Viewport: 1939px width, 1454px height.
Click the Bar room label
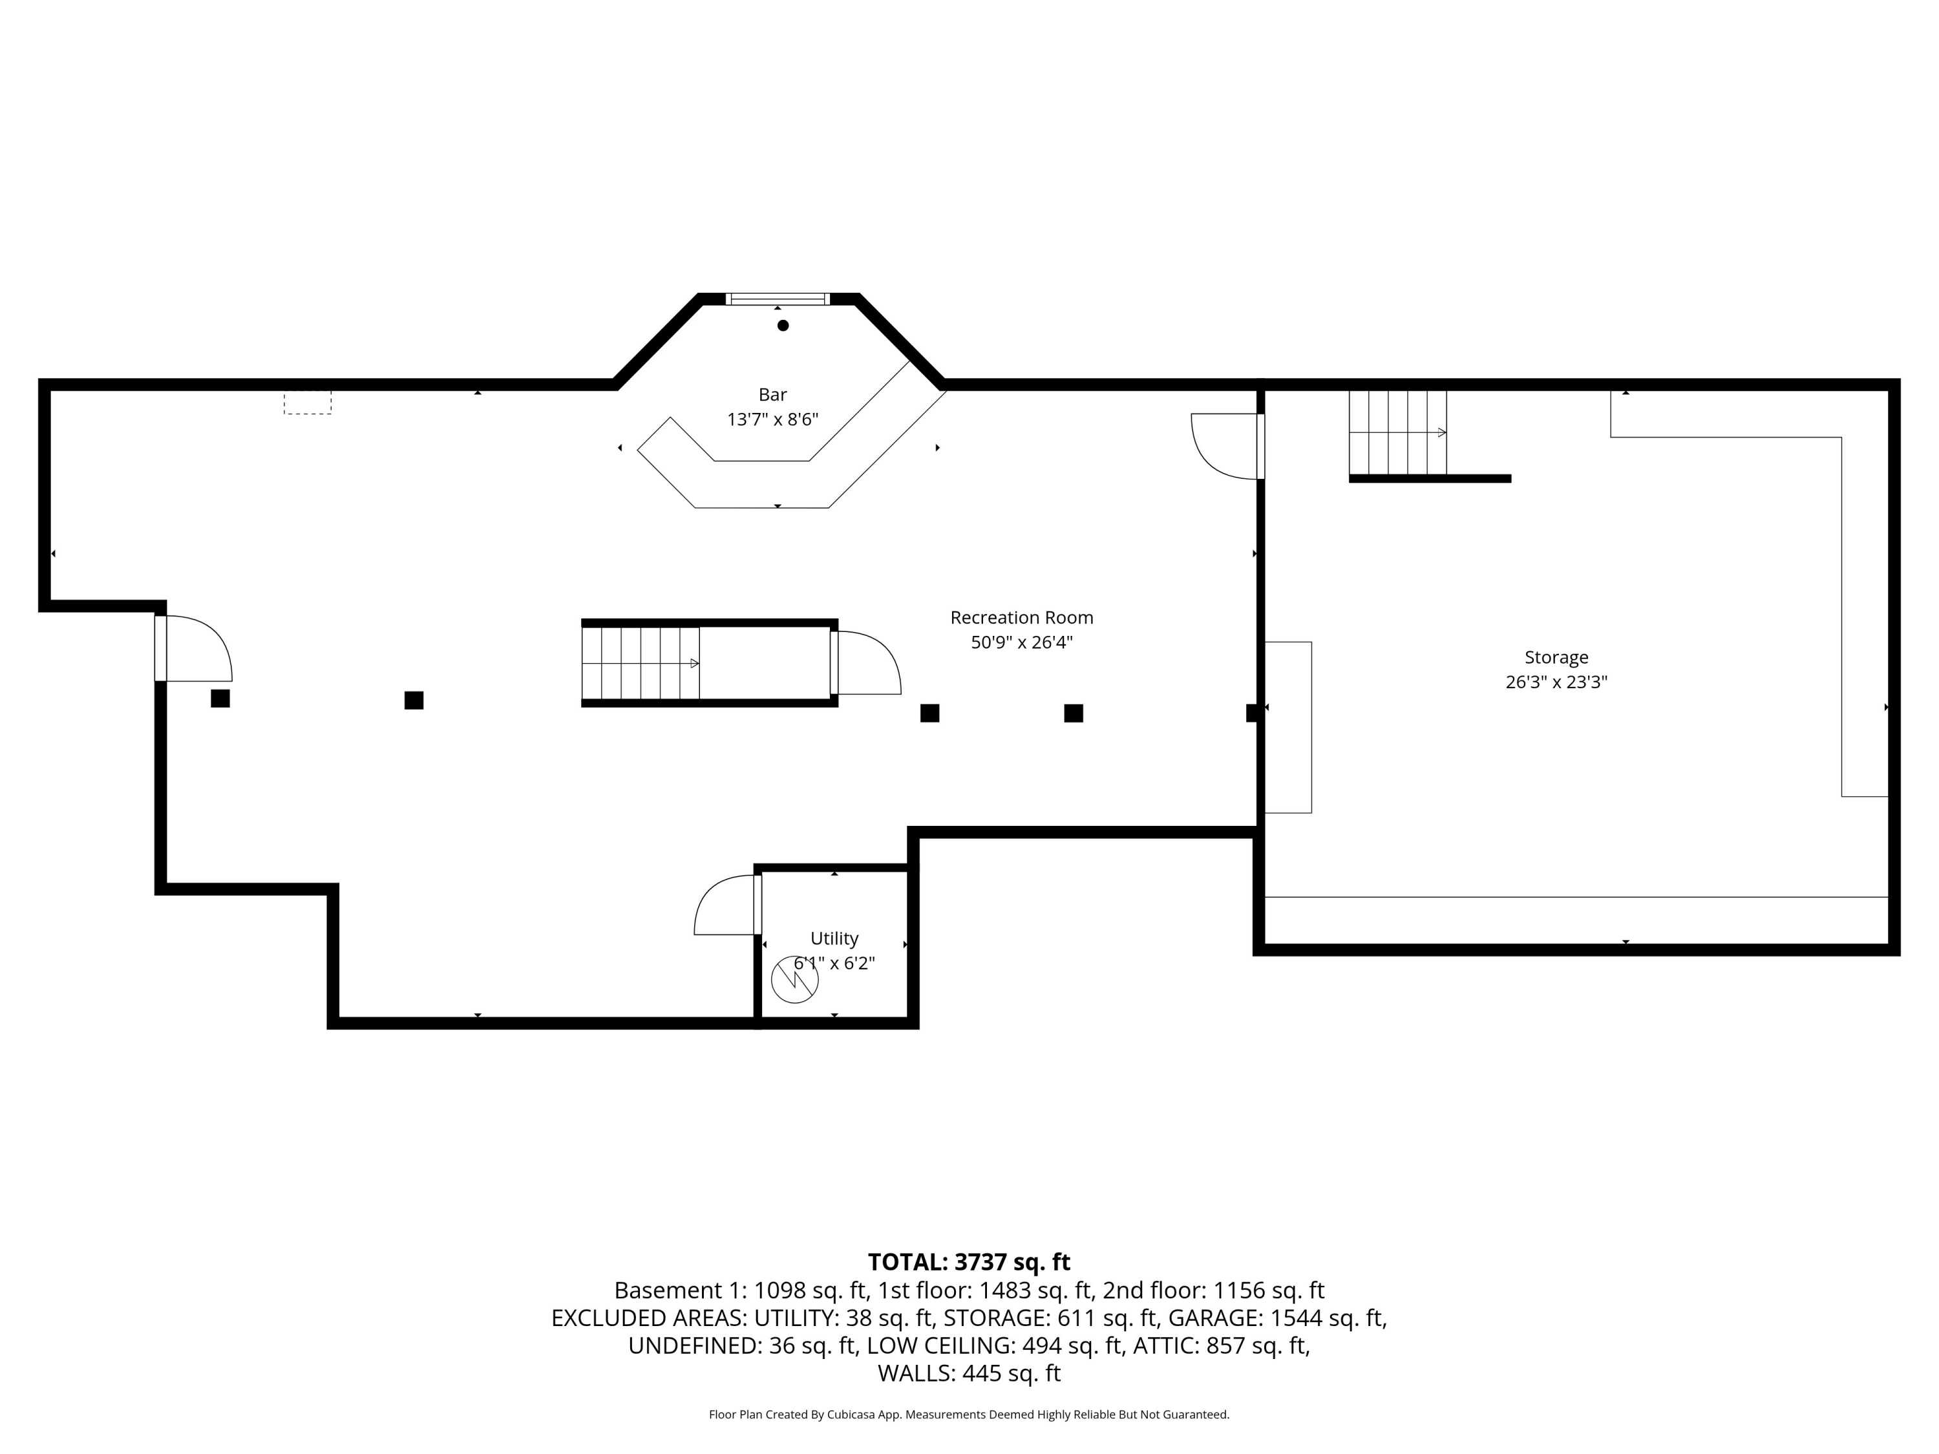[x=772, y=394]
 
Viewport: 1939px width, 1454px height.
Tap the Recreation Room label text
[x=1021, y=618]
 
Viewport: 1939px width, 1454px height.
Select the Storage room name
[x=1556, y=657]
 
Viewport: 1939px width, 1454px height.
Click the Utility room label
[x=834, y=939]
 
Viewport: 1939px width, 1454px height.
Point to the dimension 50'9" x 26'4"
[x=1021, y=642]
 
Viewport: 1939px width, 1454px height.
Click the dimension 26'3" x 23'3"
[x=1556, y=682]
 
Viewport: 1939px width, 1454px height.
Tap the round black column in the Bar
[x=783, y=325]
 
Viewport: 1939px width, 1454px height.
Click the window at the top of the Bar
[x=778, y=299]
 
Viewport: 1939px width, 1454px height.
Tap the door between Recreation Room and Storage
[x=1225, y=447]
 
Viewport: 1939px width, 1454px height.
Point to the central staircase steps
[x=640, y=664]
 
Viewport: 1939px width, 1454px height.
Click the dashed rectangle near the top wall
[x=307, y=403]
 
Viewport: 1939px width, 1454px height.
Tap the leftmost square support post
[x=220, y=699]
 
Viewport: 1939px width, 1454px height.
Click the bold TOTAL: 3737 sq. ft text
[x=969, y=1262]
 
